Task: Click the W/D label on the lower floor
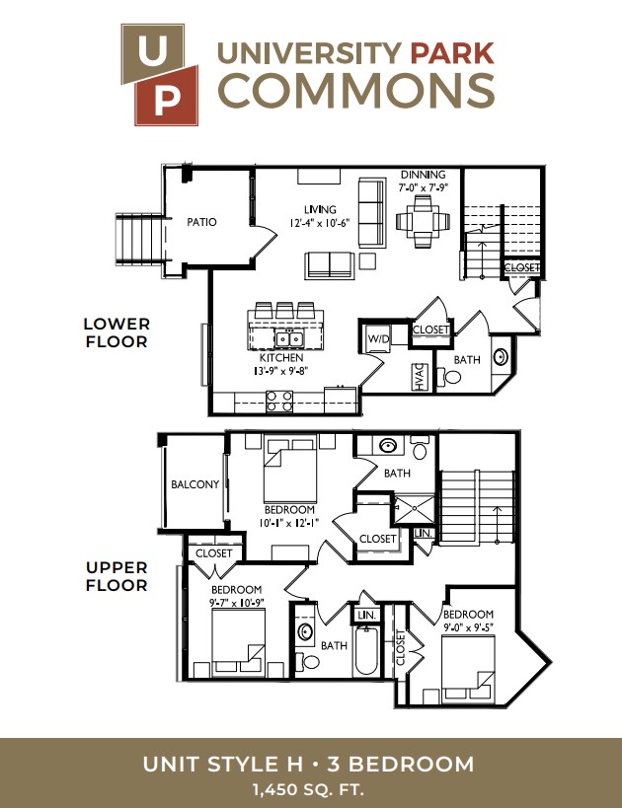(x=378, y=339)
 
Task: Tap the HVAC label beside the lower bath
(x=419, y=377)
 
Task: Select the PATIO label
(x=201, y=222)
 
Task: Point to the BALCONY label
(x=194, y=484)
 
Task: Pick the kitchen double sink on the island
(x=289, y=338)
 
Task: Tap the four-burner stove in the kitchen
(x=279, y=402)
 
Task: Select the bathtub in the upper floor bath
(x=366, y=651)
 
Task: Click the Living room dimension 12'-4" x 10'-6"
(x=320, y=223)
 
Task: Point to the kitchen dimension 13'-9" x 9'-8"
(x=281, y=371)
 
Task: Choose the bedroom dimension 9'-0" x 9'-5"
(x=468, y=627)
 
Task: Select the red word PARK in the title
(x=452, y=53)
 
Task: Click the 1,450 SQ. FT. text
(x=308, y=789)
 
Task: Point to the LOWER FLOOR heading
(x=117, y=332)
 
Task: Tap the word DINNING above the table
(x=423, y=175)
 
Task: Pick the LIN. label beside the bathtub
(x=366, y=615)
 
